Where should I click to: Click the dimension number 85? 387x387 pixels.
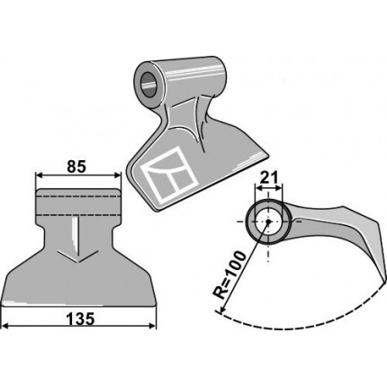pyautogui.click(x=76, y=166)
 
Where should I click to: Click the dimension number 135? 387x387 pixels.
pyautogui.click(x=80, y=319)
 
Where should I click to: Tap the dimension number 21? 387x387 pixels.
pyautogui.click(x=269, y=178)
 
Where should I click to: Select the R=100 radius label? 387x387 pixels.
pyautogui.click(x=230, y=275)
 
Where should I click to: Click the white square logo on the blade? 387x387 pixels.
pyautogui.click(x=171, y=175)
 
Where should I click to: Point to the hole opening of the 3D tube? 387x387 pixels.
pyautogui.click(x=149, y=84)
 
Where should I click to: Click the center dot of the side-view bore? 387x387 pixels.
pyautogui.click(x=268, y=221)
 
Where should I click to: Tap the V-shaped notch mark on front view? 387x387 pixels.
pyautogui.click(x=78, y=256)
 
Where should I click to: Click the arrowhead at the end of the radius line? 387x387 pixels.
pyautogui.click(x=222, y=310)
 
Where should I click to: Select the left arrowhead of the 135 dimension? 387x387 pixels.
pyautogui.click(x=5, y=326)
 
